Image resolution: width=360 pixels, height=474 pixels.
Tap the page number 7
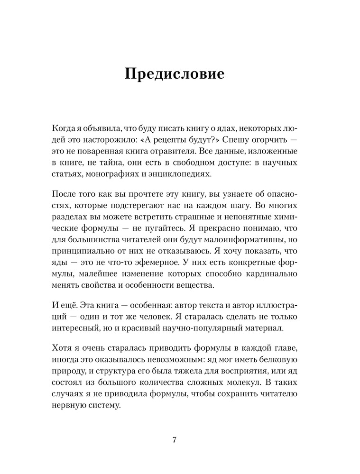coord(174,439)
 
